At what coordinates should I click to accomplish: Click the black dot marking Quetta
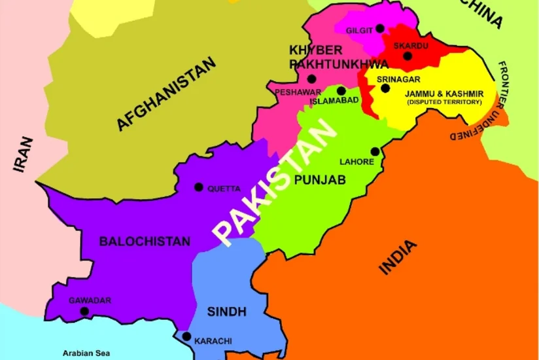point(199,187)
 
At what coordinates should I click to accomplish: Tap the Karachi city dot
point(186,337)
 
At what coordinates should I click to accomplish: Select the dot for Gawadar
point(84,312)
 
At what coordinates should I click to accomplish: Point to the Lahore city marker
point(375,152)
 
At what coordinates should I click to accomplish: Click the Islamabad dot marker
point(341,91)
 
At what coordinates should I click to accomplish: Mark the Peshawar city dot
point(311,79)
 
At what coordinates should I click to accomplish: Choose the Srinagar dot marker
point(385,88)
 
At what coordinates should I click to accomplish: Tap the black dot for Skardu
point(408,56)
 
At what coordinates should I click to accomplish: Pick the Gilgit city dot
point(379,29)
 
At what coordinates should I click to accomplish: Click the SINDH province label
point(227,312)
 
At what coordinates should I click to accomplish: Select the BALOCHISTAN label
point(145,242)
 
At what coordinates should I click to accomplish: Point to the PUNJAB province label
point(320,179)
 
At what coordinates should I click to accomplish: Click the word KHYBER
point(316,50)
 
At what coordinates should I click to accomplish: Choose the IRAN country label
point(24,154)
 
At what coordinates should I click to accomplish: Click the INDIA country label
point(398,258)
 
